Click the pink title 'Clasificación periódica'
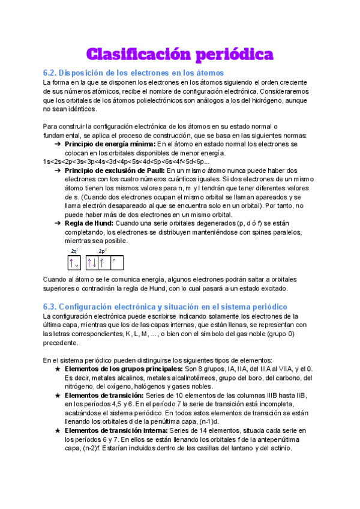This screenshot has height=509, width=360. (180, 55)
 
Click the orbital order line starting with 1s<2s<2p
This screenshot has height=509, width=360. (118, 162)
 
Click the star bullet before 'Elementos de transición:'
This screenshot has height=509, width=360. (56, 396)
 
